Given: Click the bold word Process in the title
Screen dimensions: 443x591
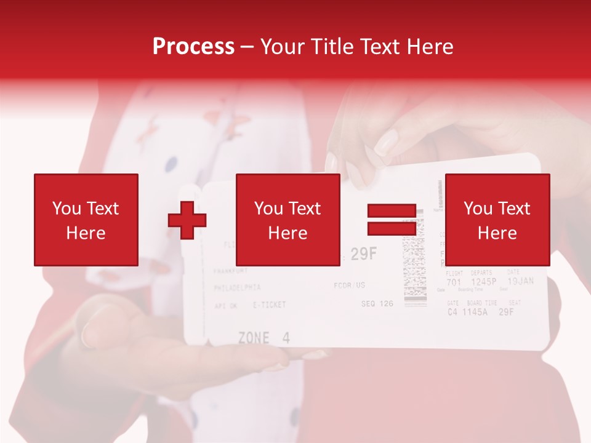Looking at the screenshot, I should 193,47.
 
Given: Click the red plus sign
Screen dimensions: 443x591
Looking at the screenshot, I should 187,220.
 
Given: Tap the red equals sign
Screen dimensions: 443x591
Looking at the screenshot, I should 392,220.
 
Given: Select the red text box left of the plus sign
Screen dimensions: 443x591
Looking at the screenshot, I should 86,220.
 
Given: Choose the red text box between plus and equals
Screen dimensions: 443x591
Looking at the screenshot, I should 288,220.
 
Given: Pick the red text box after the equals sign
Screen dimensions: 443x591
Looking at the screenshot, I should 497,220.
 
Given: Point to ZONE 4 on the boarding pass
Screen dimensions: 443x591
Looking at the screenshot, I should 263,338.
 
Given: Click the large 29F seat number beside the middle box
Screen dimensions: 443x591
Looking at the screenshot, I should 363,255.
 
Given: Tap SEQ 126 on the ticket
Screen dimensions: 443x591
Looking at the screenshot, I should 377,303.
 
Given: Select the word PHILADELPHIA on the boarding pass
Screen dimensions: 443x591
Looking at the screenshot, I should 237,287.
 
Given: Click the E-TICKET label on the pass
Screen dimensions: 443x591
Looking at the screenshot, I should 269,305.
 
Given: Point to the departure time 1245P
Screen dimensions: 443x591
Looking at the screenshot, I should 483,282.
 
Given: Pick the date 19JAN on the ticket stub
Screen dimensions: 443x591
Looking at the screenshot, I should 520,281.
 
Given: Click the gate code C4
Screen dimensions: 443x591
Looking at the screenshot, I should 452,311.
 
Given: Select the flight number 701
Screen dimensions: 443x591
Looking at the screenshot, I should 453,282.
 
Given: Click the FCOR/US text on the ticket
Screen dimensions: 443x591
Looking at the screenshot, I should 349,285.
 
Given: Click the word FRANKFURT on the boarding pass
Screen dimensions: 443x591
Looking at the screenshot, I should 230,271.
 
